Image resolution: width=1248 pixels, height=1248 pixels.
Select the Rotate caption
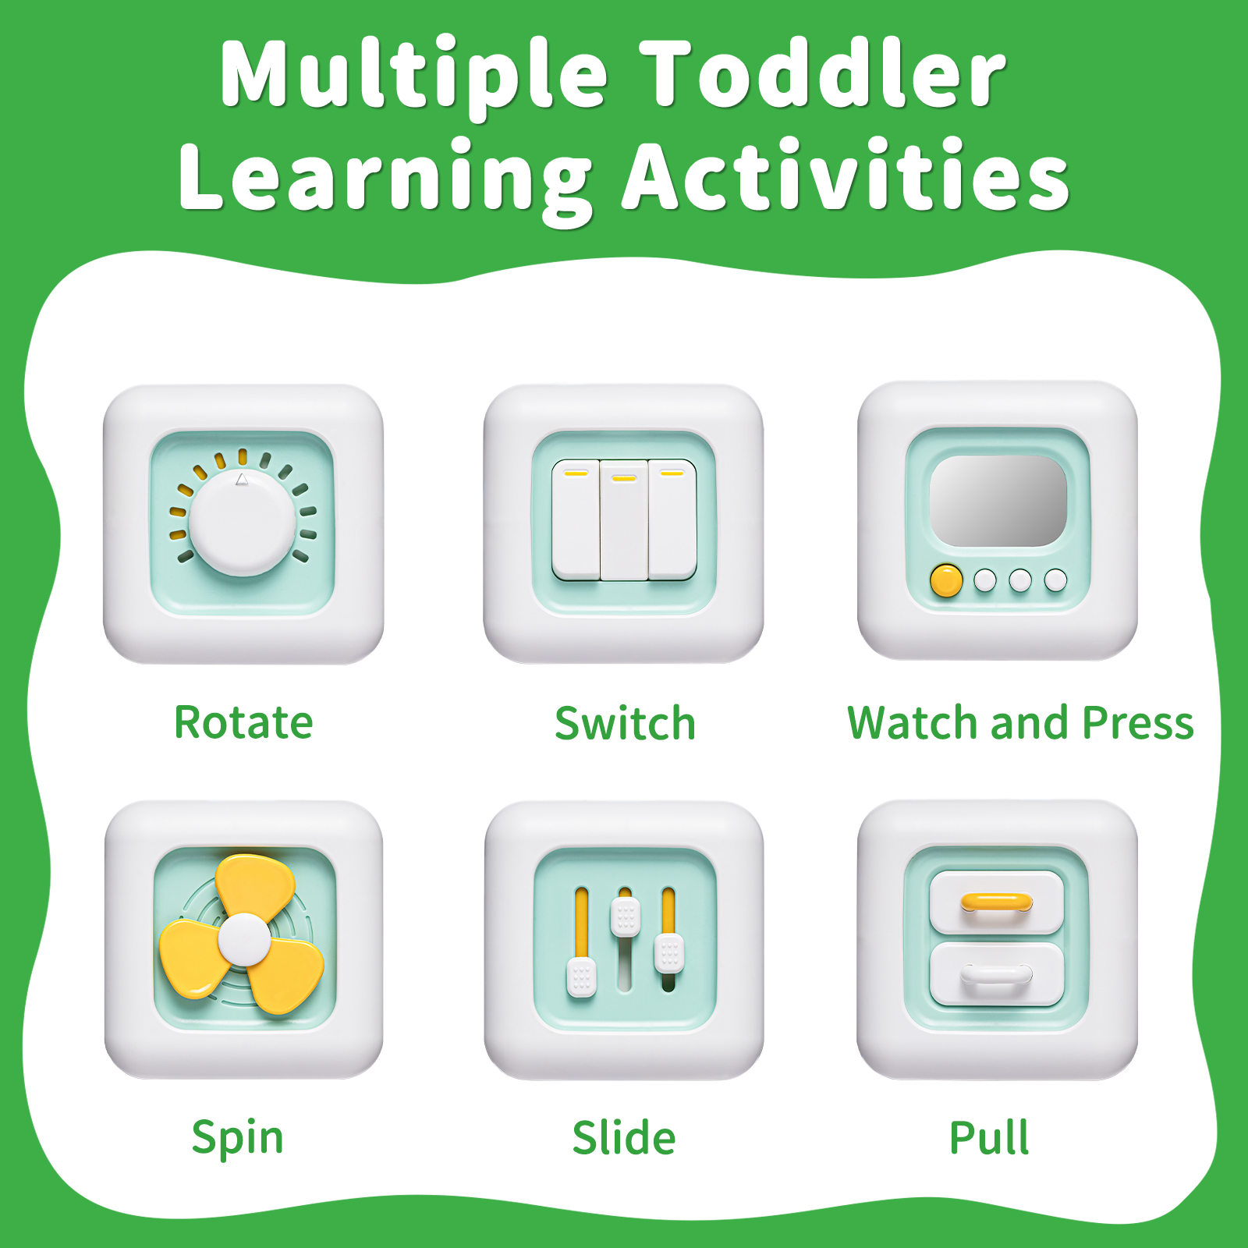coord(243,722)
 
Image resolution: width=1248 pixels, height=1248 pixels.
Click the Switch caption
coord(625,723)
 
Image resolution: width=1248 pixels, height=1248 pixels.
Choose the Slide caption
coord(624,1137)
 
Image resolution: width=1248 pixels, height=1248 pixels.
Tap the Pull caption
coord(989,1137)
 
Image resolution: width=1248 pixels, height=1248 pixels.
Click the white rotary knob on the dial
coord(243,523)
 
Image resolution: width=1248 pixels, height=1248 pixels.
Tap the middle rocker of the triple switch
coord(624,520)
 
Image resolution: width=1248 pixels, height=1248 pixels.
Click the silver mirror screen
coord(998,501)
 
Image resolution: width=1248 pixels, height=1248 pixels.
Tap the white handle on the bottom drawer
coord(997,974)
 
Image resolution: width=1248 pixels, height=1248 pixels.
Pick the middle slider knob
coord(626,916)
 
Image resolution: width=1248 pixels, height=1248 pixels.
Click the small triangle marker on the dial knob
coord(242,480)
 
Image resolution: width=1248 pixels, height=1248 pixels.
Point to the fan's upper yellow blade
coord(255,886)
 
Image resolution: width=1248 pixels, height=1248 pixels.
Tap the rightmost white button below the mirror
coord(1056,580)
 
